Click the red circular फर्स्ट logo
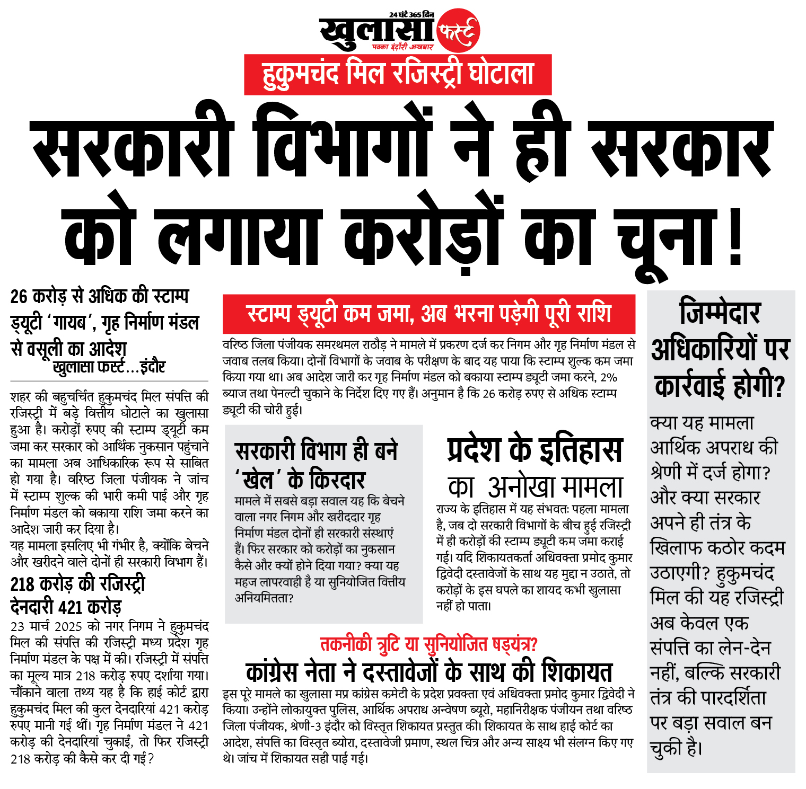coord(458,31)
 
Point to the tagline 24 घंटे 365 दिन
coord(411,14)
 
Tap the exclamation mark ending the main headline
coord(735,233)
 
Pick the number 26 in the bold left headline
coord(19,296)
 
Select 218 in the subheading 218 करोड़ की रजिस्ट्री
coord(22,584)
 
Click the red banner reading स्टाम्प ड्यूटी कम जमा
coord(428,314)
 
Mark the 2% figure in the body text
coord(609,377)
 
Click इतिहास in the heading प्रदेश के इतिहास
coord(581,450)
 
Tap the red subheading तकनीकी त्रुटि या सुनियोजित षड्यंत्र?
coord(428,644)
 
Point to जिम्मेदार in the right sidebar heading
coord(720,312)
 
